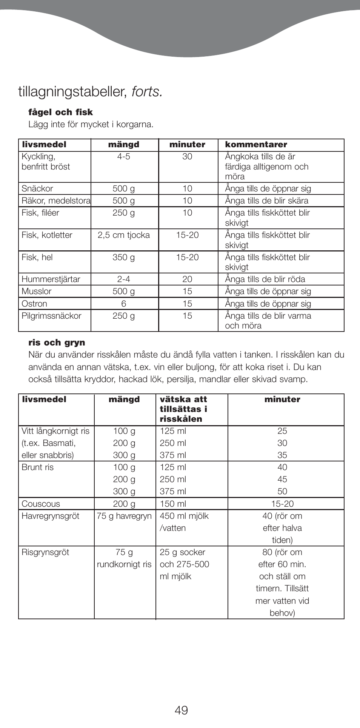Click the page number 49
[x=181, y=710]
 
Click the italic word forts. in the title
[x=147, y=92]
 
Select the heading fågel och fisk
[x=60, y=112]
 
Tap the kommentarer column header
[x=256, y=145]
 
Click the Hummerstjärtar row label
[x=51, y=279]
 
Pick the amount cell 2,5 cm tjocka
[x=124, y=235]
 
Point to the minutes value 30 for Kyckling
[x=187, y=157]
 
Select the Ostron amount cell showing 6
[x=124, y=304]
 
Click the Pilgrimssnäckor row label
[x=51, y=316]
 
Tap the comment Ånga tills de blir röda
[x=265, y=279]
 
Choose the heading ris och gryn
[x=57, y=343]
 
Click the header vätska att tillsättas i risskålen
[x=183, y=409]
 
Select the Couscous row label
[x=41, y=504]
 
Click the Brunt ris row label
[x=38, y=467]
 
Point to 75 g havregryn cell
[x=124, y=516]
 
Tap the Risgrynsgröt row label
[x=45, y=552]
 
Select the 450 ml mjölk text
[x=184, y=516]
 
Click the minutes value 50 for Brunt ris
[x=282, y=492]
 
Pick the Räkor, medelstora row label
[x=56, y=201]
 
